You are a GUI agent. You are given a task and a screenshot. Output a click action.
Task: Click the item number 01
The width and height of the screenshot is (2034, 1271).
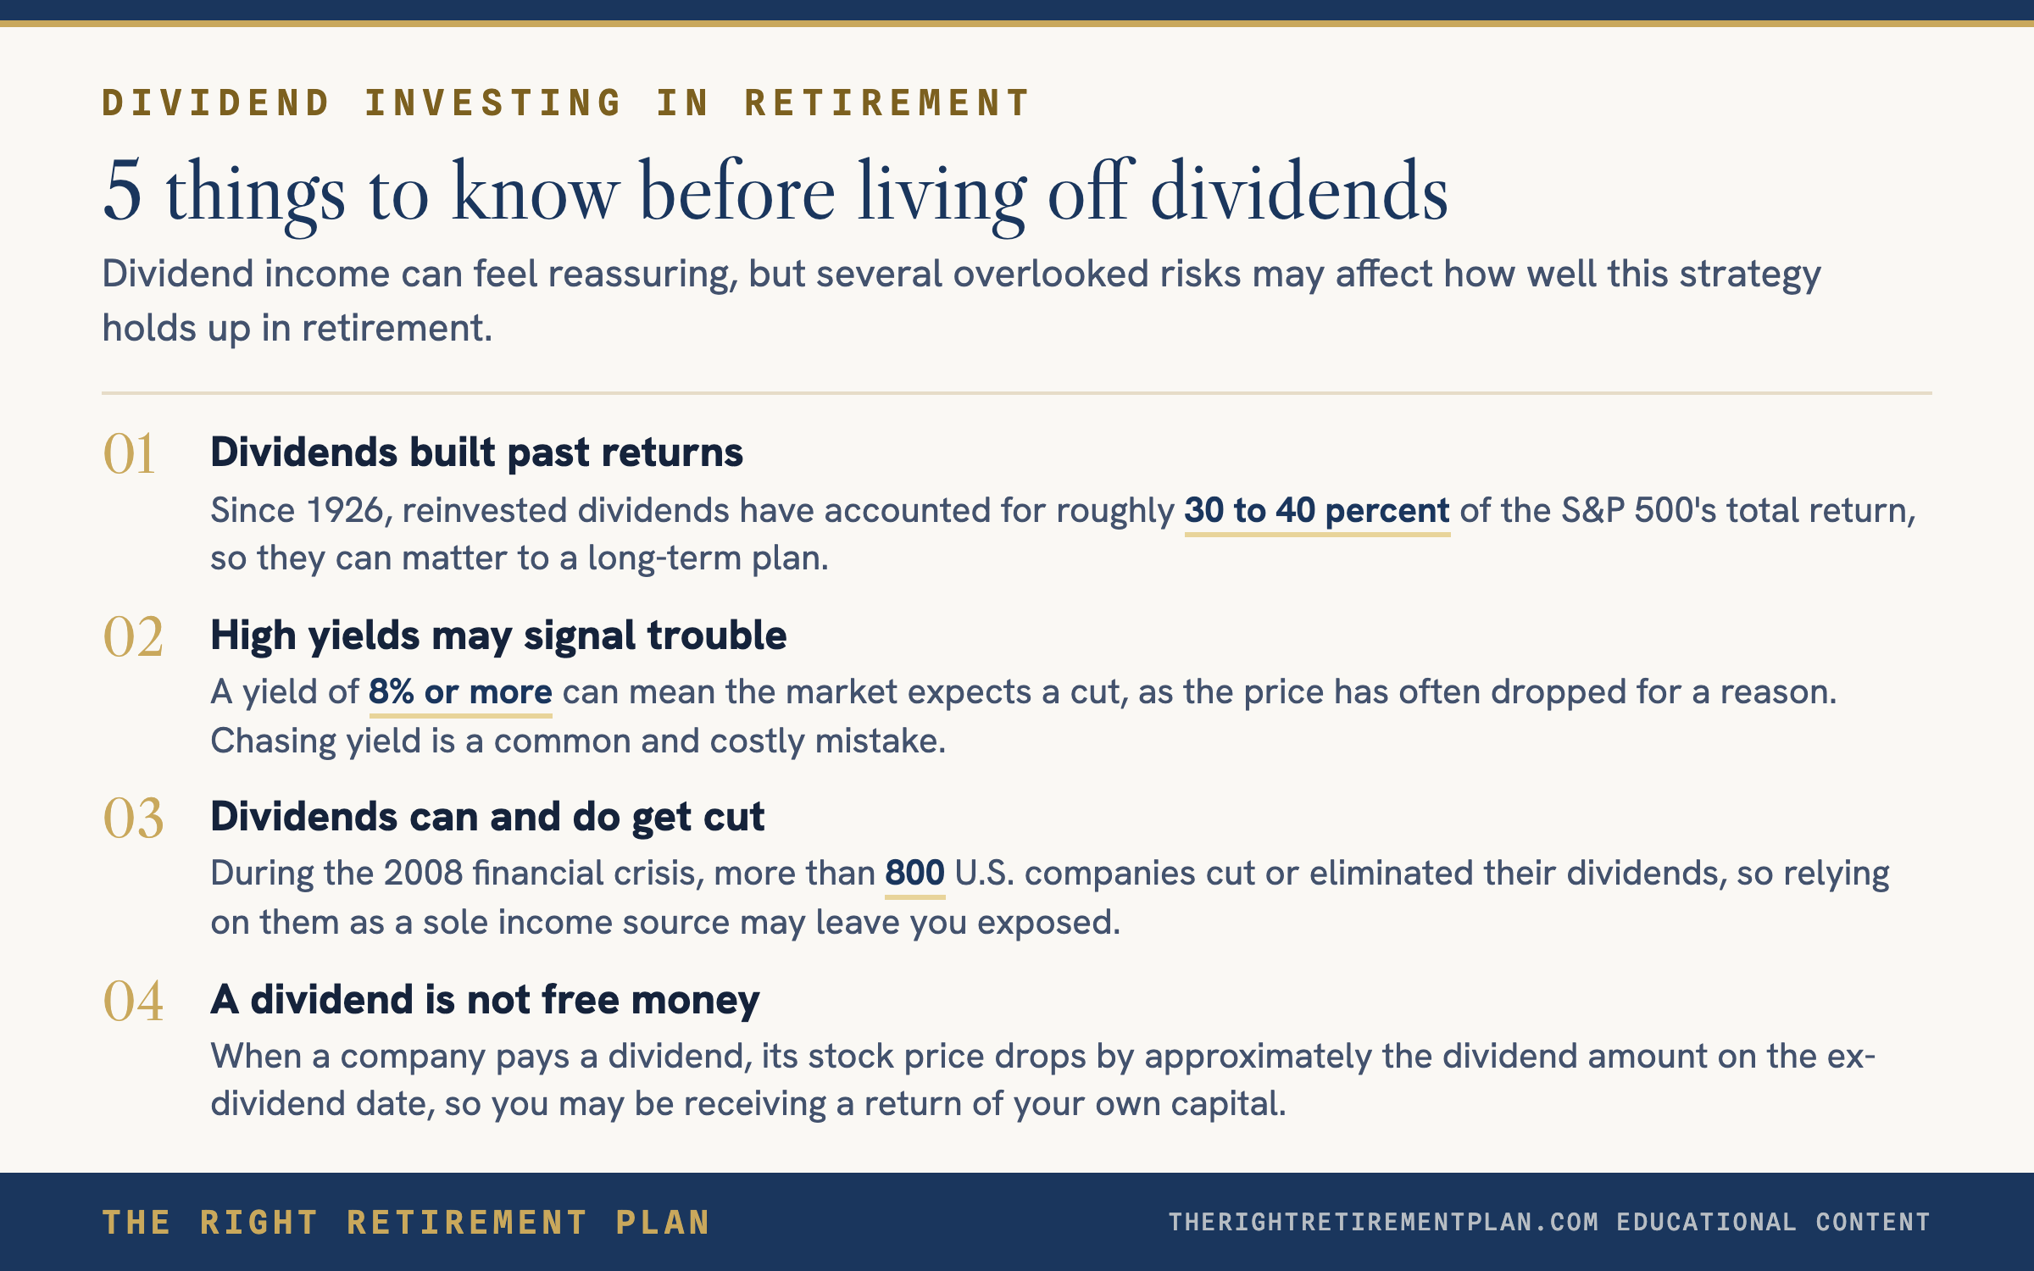pos(129,453)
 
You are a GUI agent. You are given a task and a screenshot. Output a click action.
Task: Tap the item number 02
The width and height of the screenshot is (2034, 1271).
pos(133,636)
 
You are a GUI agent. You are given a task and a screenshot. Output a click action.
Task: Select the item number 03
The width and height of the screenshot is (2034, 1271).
pos(133,819)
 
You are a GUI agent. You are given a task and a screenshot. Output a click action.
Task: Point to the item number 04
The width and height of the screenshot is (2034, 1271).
pos(133,1001)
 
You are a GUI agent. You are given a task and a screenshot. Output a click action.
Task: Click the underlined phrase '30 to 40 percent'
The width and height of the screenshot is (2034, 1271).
pos(1317,511)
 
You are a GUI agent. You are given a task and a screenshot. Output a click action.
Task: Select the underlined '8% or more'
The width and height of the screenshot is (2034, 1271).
pos(460,692)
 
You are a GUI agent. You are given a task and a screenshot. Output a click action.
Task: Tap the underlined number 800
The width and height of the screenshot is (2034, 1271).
pos(914,874)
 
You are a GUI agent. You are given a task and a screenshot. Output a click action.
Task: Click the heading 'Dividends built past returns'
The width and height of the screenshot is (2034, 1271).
pos(476,452)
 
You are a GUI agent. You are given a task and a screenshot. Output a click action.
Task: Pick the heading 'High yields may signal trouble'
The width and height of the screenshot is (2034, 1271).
pos(498,635)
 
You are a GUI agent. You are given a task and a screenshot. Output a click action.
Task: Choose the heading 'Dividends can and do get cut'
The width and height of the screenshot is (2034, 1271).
pos(487,817)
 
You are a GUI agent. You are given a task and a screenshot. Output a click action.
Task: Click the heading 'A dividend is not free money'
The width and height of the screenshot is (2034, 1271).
pos(485,1000)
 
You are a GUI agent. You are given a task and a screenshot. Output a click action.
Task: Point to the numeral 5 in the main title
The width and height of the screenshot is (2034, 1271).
pos(122,191)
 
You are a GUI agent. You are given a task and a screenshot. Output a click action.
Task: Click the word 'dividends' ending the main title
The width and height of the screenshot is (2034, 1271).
pos(1299,191)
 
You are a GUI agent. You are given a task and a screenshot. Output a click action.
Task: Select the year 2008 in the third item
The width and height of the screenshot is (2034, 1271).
pos(424,874)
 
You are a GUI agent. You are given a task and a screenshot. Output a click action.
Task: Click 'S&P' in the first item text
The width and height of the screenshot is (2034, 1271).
pos(1592,511)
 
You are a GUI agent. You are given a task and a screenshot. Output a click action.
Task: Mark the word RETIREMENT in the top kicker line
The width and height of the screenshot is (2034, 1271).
pos(886,103)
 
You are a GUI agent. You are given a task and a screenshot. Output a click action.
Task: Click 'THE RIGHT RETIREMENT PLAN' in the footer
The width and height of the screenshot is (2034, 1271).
pos(406,1223)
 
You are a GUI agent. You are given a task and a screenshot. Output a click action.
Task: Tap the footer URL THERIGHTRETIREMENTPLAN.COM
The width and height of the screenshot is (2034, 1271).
pos(1383,1222)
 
